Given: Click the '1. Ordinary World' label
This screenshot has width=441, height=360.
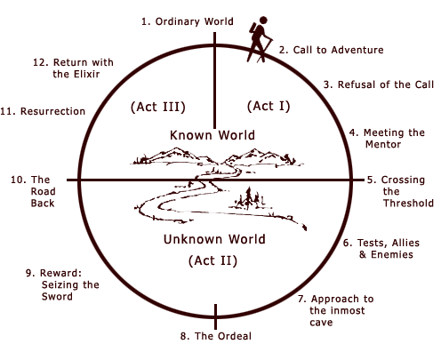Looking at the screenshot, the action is click(x=188, y=22).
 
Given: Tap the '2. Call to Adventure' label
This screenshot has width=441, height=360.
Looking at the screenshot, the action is click(x=331, y=50).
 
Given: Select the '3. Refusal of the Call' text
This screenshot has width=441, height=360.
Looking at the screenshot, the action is click(x=379, y=84).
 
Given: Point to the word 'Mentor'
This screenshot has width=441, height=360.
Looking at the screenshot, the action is click(x=383, y=144).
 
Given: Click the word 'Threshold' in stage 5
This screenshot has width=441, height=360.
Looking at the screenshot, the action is click(x=408, y=203).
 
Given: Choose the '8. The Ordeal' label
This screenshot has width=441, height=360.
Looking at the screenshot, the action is click(x=216, y=336).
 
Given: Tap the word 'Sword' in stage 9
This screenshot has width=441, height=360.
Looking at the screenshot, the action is click(x=57, y=296).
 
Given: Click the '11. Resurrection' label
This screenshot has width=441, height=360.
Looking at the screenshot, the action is click(x=43, y=111).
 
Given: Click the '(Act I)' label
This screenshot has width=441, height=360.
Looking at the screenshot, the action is click(x=269, y=106).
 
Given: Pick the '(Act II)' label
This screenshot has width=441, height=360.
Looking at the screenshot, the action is click(x=212, y=260).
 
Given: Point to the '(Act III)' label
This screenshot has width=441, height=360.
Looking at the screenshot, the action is click(x=158, y=107).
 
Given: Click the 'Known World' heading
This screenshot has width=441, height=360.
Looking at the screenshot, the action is click(x=212, y=135).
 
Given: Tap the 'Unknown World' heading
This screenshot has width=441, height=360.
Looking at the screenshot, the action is click(x=214, y=239).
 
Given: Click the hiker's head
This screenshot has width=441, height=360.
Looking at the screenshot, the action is click(x=263, y=20).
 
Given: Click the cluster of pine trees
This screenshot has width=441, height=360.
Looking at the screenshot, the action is click(x=250, y=198).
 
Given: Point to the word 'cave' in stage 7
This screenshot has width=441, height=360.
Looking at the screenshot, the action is click(x=321, y=323).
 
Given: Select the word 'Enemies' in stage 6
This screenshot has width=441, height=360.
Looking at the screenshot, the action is click(x=392, y=254).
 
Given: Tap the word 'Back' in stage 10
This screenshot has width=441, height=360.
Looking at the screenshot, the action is click(x=43, y=204).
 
